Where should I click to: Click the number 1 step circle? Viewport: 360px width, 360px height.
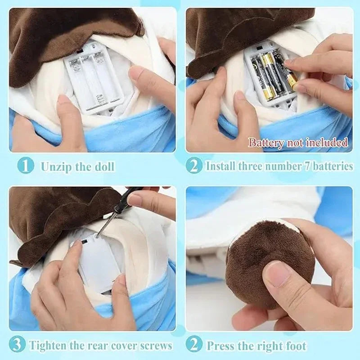25,166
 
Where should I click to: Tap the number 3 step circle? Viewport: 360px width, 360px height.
17,345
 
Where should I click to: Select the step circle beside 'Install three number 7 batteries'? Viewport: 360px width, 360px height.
194,166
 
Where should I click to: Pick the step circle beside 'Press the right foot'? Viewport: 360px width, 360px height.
194,345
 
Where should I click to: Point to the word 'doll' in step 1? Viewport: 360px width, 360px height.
104,166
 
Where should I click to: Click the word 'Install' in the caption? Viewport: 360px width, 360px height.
219,166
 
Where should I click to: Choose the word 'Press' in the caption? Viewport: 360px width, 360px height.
221,346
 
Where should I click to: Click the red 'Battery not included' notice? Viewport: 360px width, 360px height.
298,143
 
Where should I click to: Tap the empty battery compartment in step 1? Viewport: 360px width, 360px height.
94,79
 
